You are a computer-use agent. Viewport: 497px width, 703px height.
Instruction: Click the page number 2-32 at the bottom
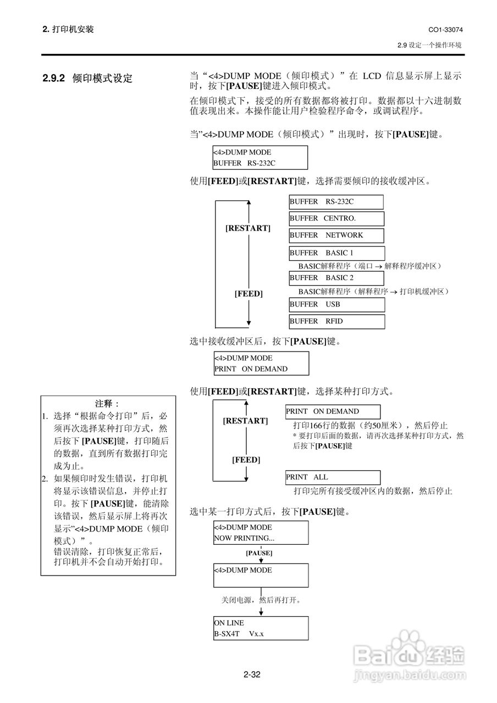click(x=252, y=674)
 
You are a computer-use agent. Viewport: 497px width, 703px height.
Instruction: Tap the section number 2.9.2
click(x=54, y=79)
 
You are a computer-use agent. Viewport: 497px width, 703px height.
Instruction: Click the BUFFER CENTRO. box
click(x=336, y=219)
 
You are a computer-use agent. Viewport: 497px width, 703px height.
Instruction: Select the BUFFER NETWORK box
click(x=336, y=236)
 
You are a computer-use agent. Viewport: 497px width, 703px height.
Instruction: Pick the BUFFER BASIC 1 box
click(x=336, y=253)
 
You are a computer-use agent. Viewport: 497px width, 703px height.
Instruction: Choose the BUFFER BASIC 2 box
click(x=336, y=278)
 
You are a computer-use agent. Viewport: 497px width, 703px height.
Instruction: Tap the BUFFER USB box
click(x=336, y=304)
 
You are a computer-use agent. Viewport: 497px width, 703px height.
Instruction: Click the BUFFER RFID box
click(x=336, y=321)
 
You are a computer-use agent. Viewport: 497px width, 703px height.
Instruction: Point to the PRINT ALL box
click(x=333, y=477)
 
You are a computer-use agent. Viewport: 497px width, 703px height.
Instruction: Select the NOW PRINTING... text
click(x=244, y=538)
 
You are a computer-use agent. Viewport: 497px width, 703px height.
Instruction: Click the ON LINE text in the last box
click(x=229, y=623)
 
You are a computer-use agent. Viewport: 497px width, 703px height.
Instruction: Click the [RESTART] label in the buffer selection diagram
click(x=248, y=228)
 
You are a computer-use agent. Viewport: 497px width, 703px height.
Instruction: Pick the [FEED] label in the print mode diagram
click(x=246, y=460)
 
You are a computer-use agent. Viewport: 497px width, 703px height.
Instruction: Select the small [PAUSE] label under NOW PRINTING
click(x=259, y=553)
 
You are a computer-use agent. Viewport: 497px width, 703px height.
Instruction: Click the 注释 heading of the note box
click(x=107, y=404)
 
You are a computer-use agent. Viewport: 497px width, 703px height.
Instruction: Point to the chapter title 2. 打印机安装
click(x=68, y=29)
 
